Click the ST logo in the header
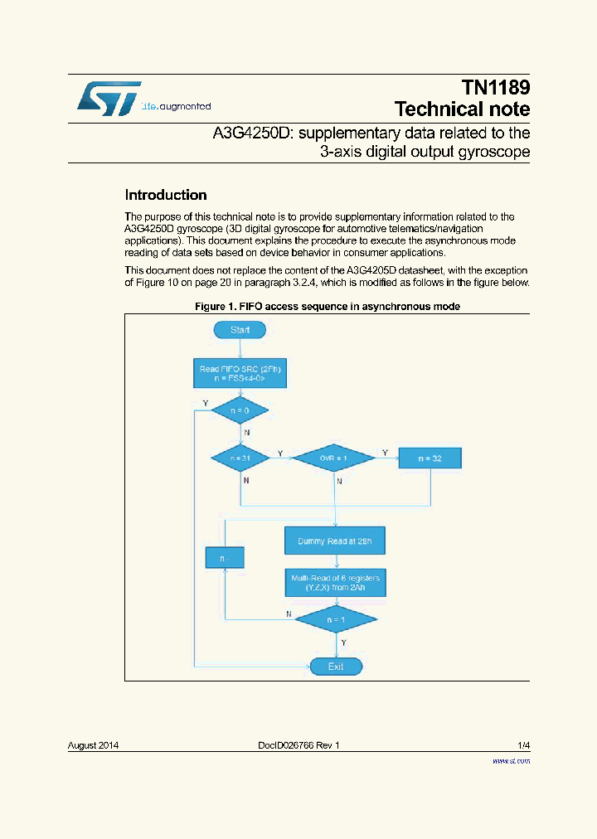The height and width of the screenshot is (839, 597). pos(109,98)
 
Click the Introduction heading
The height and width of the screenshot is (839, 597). pos(165,196)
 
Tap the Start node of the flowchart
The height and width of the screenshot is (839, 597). pos(240,329)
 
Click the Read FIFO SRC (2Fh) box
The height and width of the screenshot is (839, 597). pos(240,374)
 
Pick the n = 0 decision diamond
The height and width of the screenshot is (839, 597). pos(240,410)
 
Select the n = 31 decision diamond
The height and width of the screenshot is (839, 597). pos(240,457)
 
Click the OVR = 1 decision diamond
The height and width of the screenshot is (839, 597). pos(335,457)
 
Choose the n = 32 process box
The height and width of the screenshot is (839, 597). pos(430,458)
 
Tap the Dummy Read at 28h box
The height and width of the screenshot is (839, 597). pos(335,541)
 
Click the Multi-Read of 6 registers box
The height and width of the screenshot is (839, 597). pos(335,581)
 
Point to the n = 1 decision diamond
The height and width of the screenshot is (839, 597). pos(335,618)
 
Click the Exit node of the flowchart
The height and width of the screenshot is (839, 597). pos(335,666)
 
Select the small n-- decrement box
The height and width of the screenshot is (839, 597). pos(225,558)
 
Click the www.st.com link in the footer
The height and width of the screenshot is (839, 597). pos(511,760)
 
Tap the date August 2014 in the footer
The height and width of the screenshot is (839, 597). pos(93,745)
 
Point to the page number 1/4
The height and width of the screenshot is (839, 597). pos(522,745)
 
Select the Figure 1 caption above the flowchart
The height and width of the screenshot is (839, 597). pos(327,307)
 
